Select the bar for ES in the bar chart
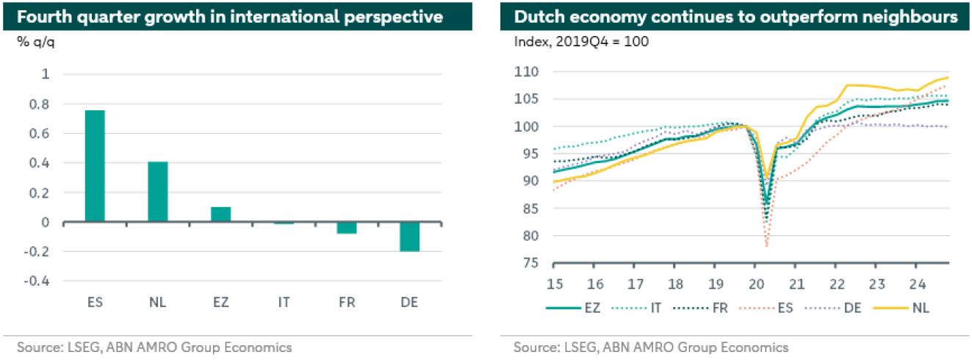95,166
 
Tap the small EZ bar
220,214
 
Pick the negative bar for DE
408,237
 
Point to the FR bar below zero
346,228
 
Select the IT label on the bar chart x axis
283,302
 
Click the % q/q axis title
35,40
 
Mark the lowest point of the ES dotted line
766,245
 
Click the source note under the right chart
651,347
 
